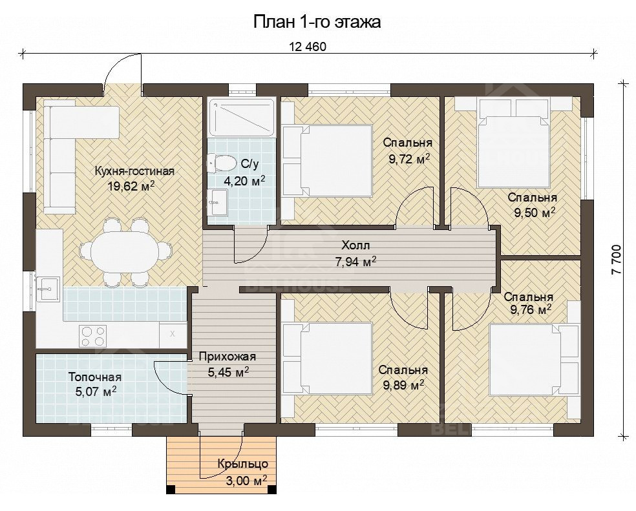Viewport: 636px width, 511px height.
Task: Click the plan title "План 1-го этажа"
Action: coord(317,22)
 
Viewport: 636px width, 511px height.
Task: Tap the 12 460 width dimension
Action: coord(308,47)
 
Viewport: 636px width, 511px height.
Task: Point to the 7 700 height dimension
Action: coord(616,260)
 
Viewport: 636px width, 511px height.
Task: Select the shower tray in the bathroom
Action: coord(242,117)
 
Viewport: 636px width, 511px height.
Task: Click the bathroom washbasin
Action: coord(217,203)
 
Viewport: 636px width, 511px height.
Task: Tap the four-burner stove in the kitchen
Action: coord(92,336)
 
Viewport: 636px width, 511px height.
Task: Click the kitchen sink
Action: coord(48,289)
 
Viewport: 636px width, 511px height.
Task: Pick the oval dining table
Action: coord(124,253)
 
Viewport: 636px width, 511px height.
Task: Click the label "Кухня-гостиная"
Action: coord(134,171)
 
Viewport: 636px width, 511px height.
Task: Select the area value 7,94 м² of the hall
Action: coord(355,262)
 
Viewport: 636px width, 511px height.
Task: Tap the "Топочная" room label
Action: coord(95,377)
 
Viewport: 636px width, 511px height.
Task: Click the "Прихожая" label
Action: coord(228,357)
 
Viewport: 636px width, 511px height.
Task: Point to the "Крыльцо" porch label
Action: coord(242,464)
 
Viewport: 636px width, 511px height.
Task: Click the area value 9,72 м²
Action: coord(409,159)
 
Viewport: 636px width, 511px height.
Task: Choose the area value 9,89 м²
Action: coord(403,385)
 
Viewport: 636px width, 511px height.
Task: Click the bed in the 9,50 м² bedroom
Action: coord(514,151)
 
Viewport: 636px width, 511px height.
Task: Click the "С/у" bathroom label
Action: coord(249,164)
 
